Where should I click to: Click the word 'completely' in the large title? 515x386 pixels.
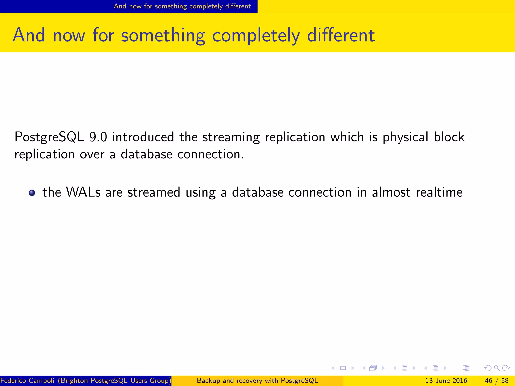pyautogui.click(x=256, y=36)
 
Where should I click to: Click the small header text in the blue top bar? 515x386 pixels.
pyautogui.click(x=182, y=6)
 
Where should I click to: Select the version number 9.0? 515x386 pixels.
pyautogui.click(x=98, y=137)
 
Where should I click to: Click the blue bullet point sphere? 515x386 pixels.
pyautogui.click(x=32, y=193)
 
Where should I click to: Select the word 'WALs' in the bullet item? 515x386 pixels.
pyautogui.click(x=83, y=192)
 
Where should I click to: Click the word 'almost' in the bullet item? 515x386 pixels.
pyautogui.click(x=391, y=192)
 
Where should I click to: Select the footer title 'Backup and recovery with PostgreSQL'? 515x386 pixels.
pyautogui.click(x=257, y=381)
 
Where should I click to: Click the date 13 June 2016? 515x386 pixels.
pyautogui.click(x=446, y=381)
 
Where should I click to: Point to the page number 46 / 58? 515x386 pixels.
pyautogui.click(x=496, y=381)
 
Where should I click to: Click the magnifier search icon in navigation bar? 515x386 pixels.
pyautogui.click(x=497, y=368)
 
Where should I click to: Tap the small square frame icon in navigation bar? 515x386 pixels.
pyautogui.click(x=343, y=368)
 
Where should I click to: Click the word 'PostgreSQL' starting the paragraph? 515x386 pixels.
pyautogui.click(x=49, y=137)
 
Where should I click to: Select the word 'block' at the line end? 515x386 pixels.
pyautogui.click(x=449, y=137)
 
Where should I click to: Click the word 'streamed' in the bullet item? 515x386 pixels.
pyautogui.click(x=154, y=192)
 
